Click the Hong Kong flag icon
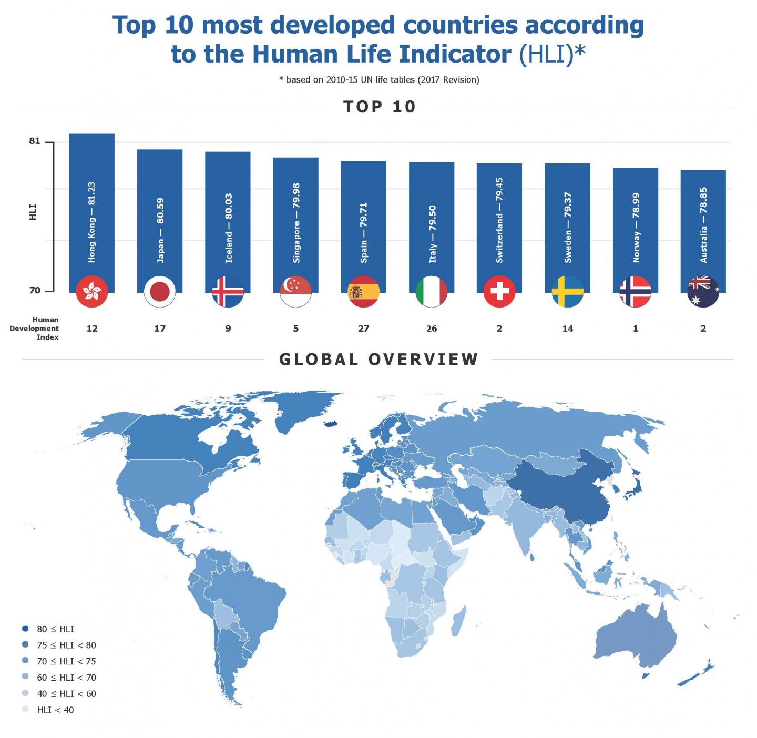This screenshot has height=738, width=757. click(92, 291)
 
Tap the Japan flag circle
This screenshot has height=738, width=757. click(160, 291)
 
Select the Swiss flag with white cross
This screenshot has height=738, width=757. click(499, 291)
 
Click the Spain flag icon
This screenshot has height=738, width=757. click(364, 291)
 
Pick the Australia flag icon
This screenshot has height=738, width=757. click(703, 291)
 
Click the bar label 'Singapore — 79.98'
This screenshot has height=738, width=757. click(296, 223)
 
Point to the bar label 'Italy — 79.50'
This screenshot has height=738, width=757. click(432, 234)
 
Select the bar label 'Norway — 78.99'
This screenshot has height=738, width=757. click(636, 228)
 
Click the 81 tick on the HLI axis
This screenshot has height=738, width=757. click(35, 141)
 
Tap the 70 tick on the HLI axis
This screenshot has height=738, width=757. click(35, 290)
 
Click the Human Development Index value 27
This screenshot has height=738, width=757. click(364, 329)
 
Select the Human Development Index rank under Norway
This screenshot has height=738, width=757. click(636, 329)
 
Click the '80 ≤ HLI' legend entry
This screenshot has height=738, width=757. click(55, 629)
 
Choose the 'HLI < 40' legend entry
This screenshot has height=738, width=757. click(55, 710)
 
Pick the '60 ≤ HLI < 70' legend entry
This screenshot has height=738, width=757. click(66, 678)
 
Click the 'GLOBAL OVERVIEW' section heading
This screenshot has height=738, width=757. click(378, 360)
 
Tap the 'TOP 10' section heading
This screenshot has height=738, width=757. click(379, 107)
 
